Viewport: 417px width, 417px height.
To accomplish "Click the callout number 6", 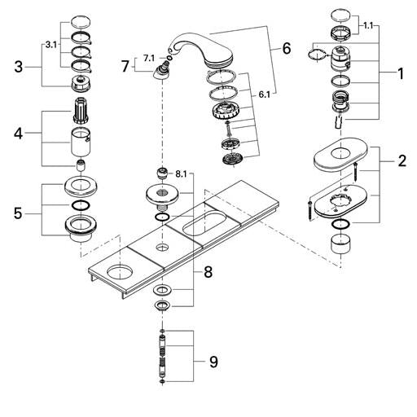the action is click(x=286, y=49).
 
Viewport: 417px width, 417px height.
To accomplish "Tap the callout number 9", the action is click(x=213, y=362).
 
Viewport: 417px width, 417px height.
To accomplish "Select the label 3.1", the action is click(x=51, y=45).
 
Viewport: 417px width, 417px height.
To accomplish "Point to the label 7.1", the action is click(x=149, y=59).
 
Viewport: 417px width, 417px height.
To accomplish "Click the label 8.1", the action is click(x=181, y=174).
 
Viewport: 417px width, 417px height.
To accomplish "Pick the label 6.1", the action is click(x=265, y=94).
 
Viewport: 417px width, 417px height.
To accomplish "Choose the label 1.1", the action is click(x=368, y=26).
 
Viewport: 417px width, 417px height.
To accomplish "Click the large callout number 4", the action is click(x=18, y=134).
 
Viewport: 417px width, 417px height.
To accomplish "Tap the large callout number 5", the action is click(x=18, y=213).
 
